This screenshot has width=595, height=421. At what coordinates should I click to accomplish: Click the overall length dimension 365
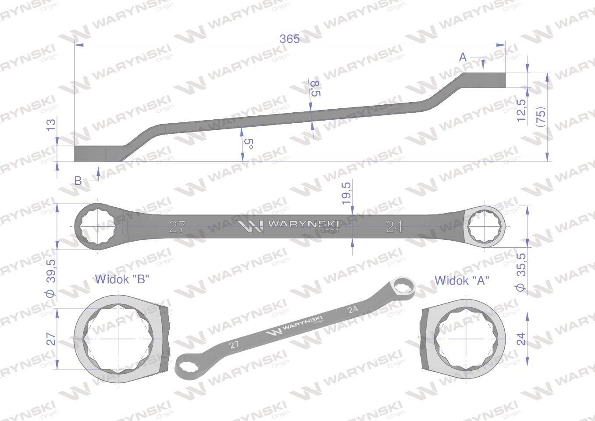tap(289, 39)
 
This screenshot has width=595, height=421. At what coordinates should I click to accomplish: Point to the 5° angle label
tap(249, 144)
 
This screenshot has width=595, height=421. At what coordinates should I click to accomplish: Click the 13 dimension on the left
tap(51, 125)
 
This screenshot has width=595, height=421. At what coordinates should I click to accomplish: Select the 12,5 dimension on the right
tap(521, 110)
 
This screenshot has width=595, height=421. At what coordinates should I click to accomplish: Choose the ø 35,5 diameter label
tap(521, 274)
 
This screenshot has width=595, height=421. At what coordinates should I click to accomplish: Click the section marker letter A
tap(463, 57)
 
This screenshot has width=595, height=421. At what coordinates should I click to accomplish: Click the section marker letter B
tap(78, 181)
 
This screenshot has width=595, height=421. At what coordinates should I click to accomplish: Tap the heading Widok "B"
tap(122, 279)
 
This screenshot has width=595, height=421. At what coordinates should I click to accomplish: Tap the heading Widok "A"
tap(461, 280)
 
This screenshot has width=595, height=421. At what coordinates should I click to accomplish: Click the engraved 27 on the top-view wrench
tap(177, 227)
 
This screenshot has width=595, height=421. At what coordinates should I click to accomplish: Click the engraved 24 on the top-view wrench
tap(394, 227)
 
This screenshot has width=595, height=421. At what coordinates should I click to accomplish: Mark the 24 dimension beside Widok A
tap(521, 338)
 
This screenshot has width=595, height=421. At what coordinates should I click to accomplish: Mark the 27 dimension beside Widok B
tap(51, 339)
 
